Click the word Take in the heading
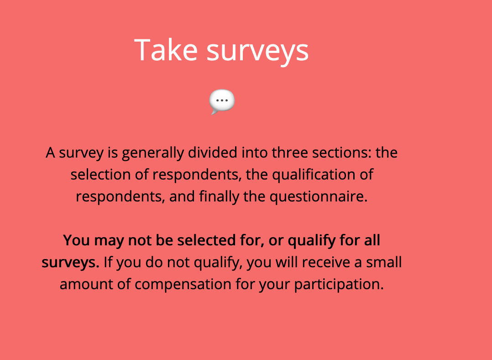point(166,50)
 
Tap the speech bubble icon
point(222,101)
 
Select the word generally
point(153,154)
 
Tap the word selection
point(100,175)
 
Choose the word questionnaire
point(319,197)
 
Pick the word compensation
point(183,285)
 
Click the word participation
point(339,285)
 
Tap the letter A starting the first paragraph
point(51,153)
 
